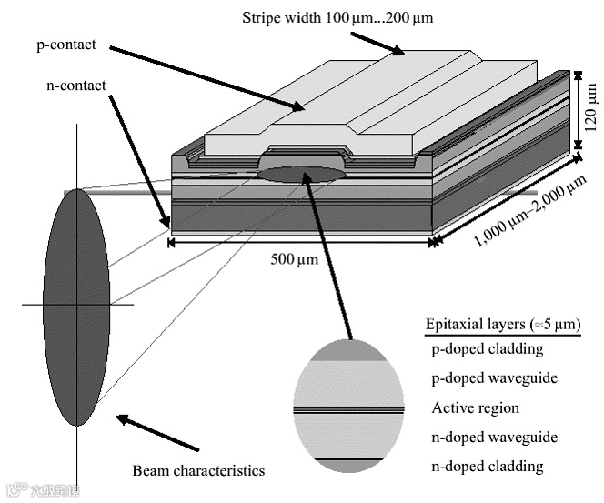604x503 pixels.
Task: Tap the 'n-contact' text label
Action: tap(76, 86)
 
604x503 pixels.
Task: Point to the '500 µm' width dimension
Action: tap(295, 259)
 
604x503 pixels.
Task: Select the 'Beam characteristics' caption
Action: tap(198, 470)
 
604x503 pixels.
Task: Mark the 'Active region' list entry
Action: tap(475, 407)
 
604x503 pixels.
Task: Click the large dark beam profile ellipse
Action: tap(76, 306)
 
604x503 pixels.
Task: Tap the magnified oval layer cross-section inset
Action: tap(348, 405)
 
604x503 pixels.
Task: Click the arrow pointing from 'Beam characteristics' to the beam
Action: tap(157, 433)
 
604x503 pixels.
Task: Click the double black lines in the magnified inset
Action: tap(348, 408)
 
